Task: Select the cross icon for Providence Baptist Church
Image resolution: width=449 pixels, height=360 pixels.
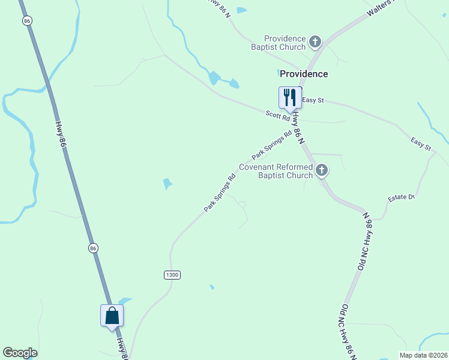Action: pos(315,42)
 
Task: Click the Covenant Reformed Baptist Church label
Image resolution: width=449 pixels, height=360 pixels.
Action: pos(276,171)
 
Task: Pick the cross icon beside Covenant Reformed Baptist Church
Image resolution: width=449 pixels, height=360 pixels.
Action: pos(322,171)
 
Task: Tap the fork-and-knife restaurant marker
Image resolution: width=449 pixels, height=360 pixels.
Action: pos(290,98)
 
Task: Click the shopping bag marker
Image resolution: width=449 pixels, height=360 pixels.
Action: pos(112,316)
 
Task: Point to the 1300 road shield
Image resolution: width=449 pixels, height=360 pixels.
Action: pos(172,275)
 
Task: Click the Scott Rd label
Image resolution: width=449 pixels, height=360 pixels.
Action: pos(278,116)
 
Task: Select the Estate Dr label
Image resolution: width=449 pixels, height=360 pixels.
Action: pos(402,197)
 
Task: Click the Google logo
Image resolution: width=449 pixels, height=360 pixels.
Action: pos(20,353)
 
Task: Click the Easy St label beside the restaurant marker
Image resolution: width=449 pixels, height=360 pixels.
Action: pos(313,100)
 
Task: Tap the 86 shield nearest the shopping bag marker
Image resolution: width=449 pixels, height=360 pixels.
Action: pos(93,248)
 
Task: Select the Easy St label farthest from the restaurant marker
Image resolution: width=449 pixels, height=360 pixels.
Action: pos(421,143)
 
